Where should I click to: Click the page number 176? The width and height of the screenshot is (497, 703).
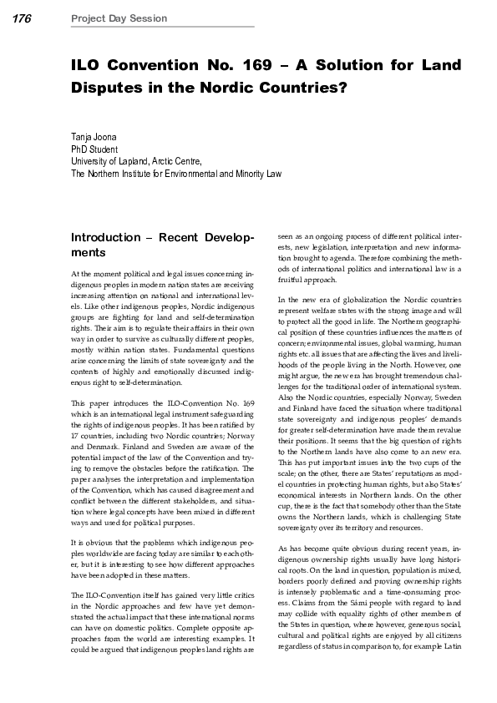coord(22,18)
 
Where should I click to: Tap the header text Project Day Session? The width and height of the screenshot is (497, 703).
coord(119,18)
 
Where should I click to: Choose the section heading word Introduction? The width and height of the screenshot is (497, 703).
coord(107,237)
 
